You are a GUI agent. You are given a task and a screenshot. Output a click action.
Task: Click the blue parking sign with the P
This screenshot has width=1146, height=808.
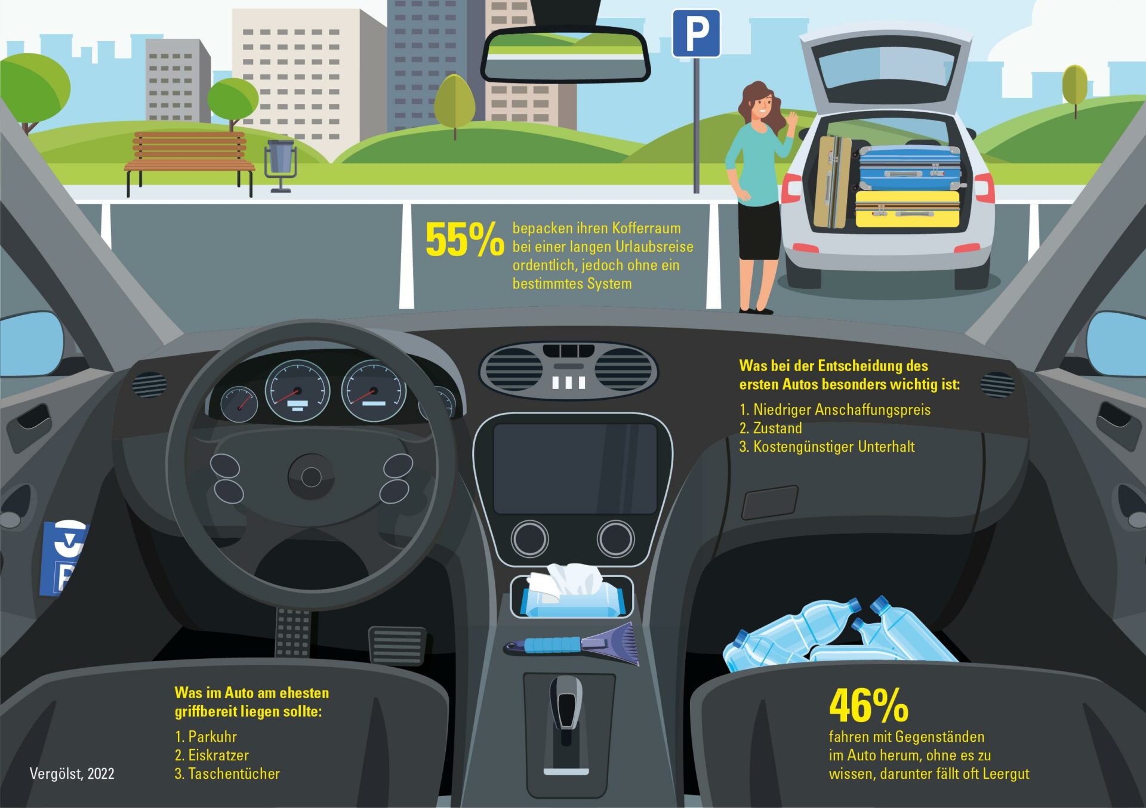coord(696,33)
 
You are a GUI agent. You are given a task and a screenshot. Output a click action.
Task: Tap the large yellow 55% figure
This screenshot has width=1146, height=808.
coord(464,240)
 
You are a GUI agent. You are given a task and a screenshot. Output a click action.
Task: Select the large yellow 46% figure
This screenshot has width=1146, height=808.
coord(868,705)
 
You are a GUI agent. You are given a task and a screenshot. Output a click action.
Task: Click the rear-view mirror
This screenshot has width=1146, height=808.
coord(565,55)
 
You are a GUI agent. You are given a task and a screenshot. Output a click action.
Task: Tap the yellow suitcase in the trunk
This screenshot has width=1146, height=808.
coord(907,209)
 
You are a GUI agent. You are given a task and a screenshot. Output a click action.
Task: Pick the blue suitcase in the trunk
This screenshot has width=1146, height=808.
coord(909,168)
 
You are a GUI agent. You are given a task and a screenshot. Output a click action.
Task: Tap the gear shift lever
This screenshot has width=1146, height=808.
coord(565,704)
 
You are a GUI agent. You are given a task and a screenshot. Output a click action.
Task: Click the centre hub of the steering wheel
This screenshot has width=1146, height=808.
coord(311,476)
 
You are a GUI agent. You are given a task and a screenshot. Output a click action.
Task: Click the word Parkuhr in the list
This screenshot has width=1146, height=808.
coord(212,736)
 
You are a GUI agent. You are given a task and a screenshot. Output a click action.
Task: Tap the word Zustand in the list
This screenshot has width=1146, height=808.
coord(777,428)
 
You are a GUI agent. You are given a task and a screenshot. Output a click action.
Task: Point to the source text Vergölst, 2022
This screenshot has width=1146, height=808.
coord(72,774)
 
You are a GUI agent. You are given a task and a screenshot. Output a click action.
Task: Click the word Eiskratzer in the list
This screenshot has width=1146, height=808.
coord(218,755)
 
